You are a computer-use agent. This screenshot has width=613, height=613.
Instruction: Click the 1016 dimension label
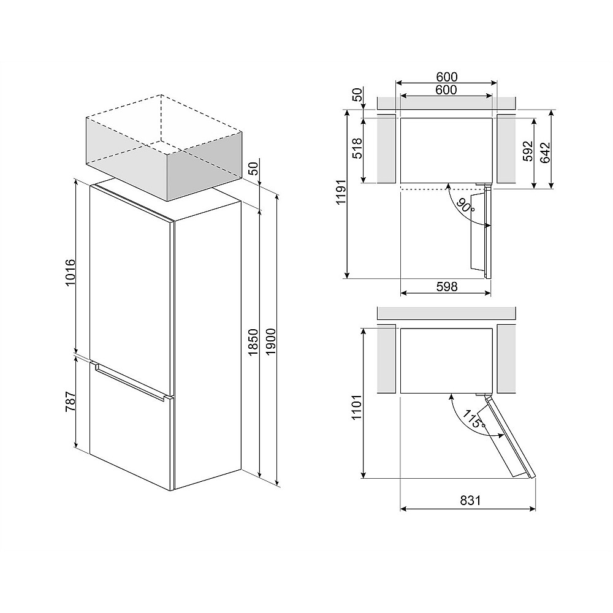click(70, 272)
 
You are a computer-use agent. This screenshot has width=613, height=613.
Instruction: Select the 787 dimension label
click(70, 402)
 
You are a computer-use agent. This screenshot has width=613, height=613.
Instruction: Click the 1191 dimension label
click(341, 192)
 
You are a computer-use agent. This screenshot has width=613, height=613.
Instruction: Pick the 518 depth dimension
click(358, 148)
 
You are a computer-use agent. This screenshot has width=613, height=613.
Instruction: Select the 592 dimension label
click(528, 151)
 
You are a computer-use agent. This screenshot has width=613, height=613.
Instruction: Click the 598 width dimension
click(446, 286)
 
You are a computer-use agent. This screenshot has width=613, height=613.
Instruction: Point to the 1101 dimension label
click(358, 407)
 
